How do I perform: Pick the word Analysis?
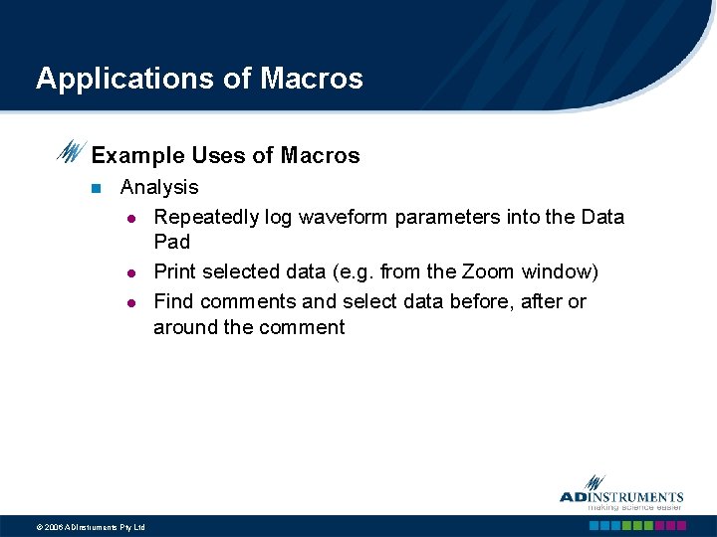159,187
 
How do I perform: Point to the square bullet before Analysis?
96,188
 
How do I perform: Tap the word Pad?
171,242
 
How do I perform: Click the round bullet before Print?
130,272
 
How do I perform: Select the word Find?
174,301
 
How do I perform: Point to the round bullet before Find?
130,302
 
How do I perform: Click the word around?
185,328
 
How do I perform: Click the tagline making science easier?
633,507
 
